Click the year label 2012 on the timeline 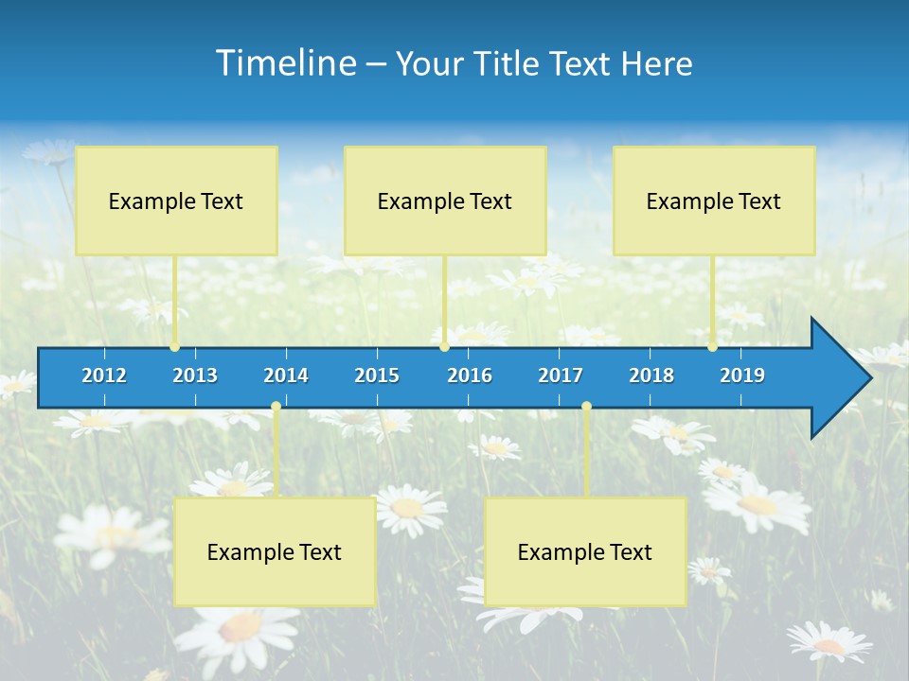pos(104,375)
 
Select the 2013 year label pos(195,375)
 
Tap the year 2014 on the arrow pos(286,375)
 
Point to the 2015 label pos(377,375)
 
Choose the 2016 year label pos(470,375)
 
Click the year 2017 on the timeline pos(561,375)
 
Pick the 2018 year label pos(651,375)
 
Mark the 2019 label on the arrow pos(742,375)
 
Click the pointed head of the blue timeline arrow pos(843,378)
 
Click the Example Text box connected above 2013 pos(176,201)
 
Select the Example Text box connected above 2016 pos(445,201)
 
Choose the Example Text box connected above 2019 pos(714,201)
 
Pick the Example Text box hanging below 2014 pos(275,551)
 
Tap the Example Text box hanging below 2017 pos(585,551)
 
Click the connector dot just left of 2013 pos(175,347)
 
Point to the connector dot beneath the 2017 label pos(586,407)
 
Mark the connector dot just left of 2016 pos(444,347)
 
